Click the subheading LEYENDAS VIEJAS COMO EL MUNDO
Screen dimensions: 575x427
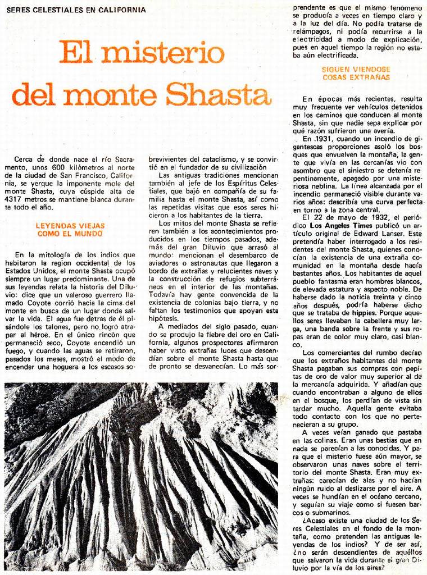pos(70,230)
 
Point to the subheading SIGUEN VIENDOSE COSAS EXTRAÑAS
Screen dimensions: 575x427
pos(356,73)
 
